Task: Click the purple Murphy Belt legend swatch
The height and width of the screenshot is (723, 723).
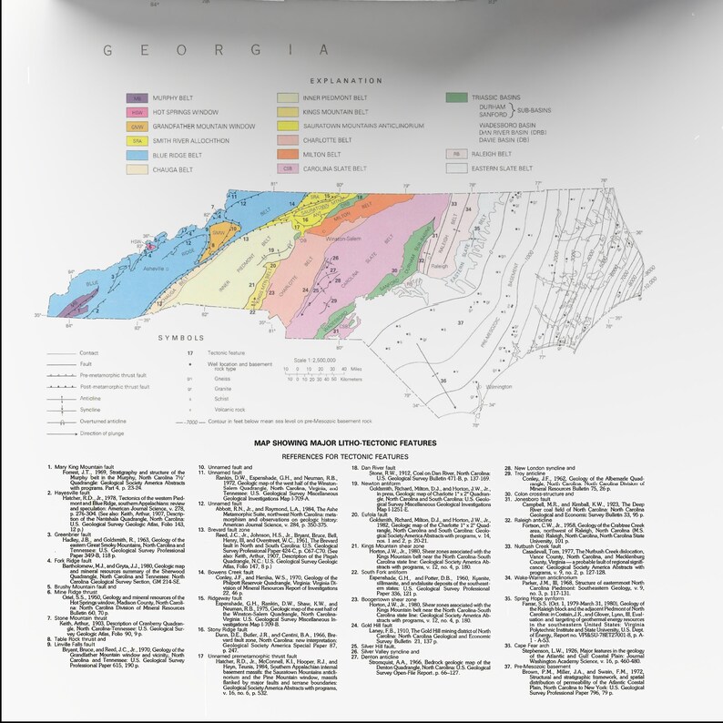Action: pyautogui.click(x=137, y=97)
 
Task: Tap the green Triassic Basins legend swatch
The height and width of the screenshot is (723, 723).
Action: pyautogui.click(x=456, y=97)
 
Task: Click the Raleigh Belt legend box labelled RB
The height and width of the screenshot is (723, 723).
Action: pyautogui.click(x=455, y=156)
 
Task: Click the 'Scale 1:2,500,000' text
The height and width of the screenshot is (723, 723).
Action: pyautogui.click(x=315, y=361)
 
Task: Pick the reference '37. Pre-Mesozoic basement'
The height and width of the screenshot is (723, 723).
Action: pyautogui.click(x=538, y=642)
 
